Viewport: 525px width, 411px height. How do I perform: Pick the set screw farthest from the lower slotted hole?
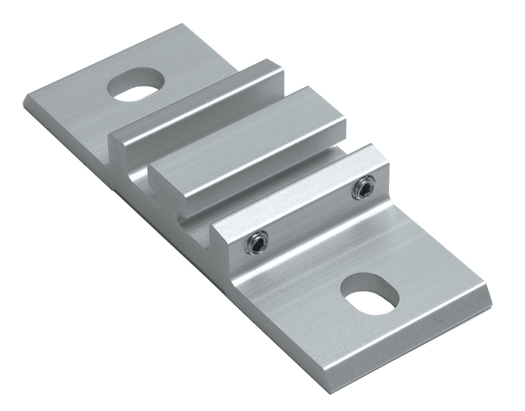(365, 187)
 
